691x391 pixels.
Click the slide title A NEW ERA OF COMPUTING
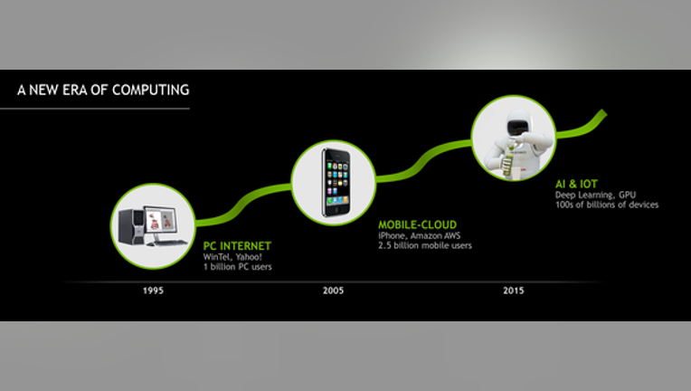coord(103,90)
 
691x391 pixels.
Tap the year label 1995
coord(153,291)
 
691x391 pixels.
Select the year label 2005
coord(333,291)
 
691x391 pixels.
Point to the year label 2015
coord(514,291)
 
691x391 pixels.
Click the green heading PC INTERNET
coord(237,246)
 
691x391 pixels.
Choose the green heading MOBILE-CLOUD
coord(417,224)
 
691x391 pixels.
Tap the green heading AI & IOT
coord(576,184)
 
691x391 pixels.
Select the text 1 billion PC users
coord(238,267)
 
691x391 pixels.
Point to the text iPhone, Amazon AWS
coord(419,236)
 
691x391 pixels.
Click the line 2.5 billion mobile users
coord(425,245)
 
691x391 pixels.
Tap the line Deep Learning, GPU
coord(595,195)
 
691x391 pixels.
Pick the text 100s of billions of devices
coord(607,205)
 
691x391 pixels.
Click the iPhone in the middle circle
coord(336,183)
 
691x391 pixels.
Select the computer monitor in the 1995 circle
coord(161,221)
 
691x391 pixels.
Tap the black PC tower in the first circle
coord(131,226)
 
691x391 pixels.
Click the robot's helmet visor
coord(518,128)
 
